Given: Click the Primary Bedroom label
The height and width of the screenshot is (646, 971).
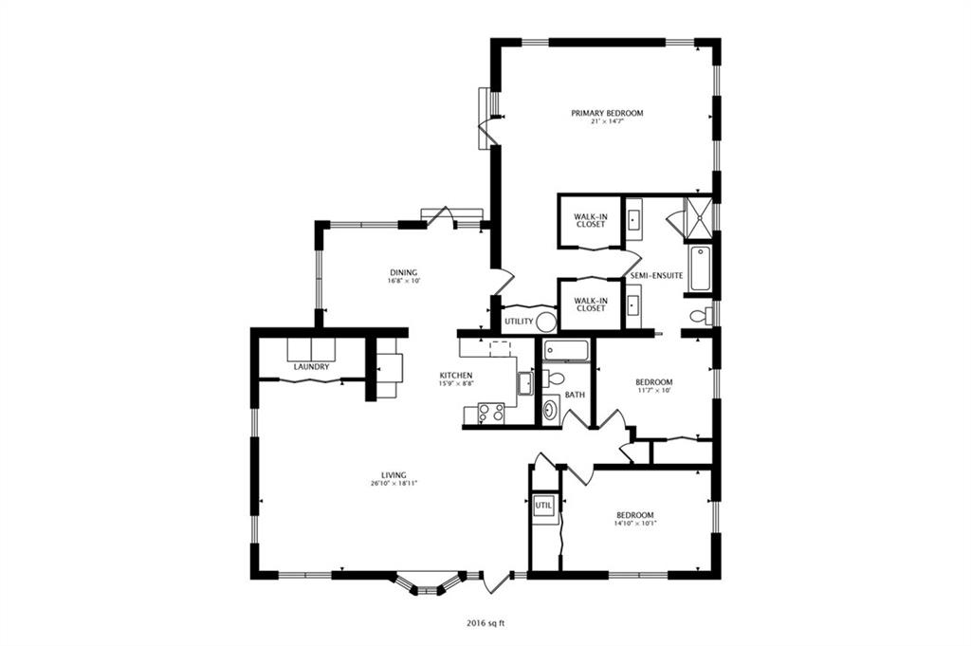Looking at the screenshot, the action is pyautogui.click(x=607, y=113).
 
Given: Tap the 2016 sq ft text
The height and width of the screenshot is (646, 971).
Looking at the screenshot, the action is pyautogui.click(x=486, y=623).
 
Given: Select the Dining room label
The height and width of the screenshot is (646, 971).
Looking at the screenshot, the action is pyautogui.click(x=403, y=272).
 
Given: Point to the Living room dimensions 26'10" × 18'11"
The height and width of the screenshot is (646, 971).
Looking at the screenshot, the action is pyautogui.click(x=394, y=484).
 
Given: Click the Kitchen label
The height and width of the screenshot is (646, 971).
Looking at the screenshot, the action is pyautogui.click(x=456, y=376).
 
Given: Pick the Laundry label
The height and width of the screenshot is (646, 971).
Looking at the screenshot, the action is pyautogui.click(x=311, y=367).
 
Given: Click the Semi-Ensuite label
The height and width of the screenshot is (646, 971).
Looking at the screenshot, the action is pyautogui.click(x=656, y=276).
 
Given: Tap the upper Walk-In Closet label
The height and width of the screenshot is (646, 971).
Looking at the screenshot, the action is pyautogui.click(x=590, y=220).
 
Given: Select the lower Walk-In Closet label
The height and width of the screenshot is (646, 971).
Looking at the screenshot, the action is pyautogui.click(x=590, y=305).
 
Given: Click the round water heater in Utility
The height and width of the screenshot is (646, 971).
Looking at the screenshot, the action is pyautogui.click(x=545, y=323).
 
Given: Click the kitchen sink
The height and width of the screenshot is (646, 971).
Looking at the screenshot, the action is pyautogui.click(x=525, y=383).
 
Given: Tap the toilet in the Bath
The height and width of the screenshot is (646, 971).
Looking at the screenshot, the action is pyautogui.click(x=553, y=378).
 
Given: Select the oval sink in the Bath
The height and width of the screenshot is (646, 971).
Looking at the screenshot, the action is pyautogui.click(x=550, y=409).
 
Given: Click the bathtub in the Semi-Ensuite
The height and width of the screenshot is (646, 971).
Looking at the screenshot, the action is pyautogui.click(x=700, y=268).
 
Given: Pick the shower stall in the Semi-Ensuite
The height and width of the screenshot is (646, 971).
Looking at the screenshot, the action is pyautogui.click(x=699, y=217).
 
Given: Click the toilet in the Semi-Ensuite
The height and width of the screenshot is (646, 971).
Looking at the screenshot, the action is pyautogui.click(x=700, y=317).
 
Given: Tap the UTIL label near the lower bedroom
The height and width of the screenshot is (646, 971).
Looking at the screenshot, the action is pyautogui.click(x=543, y=506).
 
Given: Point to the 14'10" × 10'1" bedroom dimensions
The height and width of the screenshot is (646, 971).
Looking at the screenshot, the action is pyautogui.click(x=634, y=524).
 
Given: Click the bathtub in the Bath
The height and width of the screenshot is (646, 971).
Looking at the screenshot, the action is pyautogui.click(x=565, y=351).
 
